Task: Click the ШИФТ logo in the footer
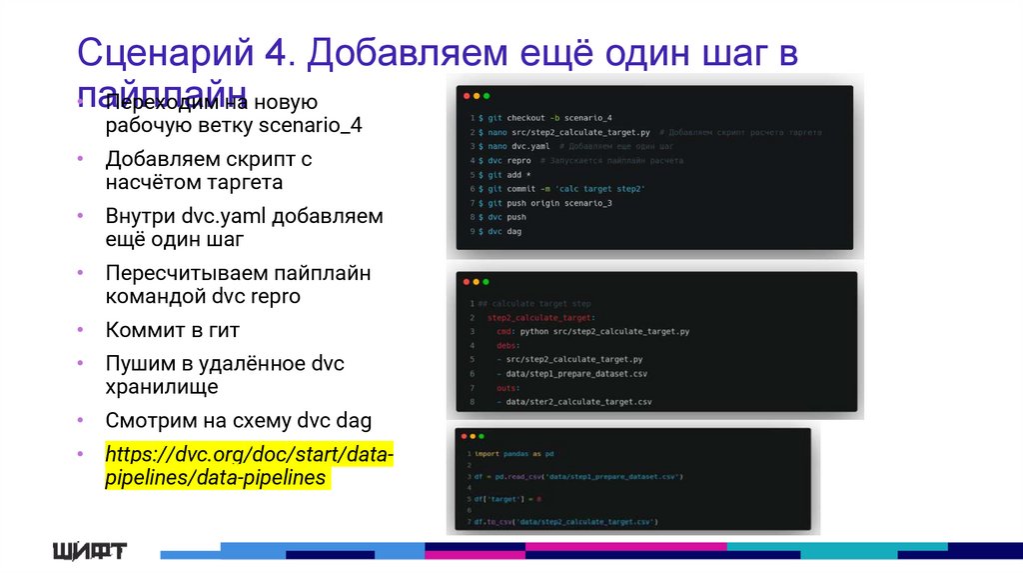point(90,551)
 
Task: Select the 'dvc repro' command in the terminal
point(509,160)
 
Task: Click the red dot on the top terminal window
point(466,97)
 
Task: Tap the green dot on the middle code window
point(486,283)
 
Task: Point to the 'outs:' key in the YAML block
point(507,387)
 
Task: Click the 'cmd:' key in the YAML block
point(505,331)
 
